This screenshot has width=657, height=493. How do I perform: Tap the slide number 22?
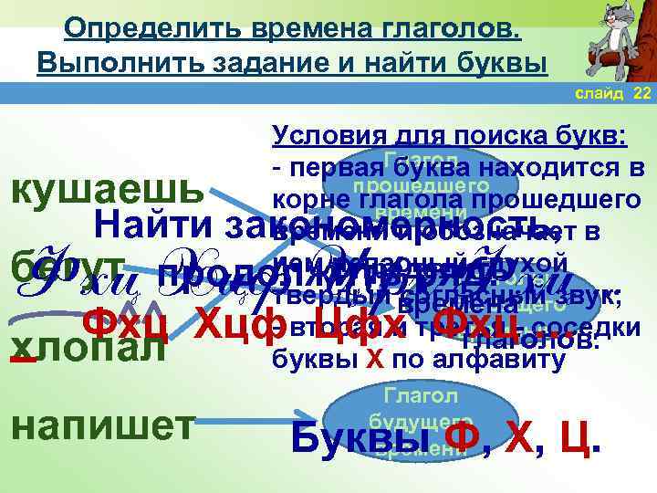pyautogui.click(x=641, y=94)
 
